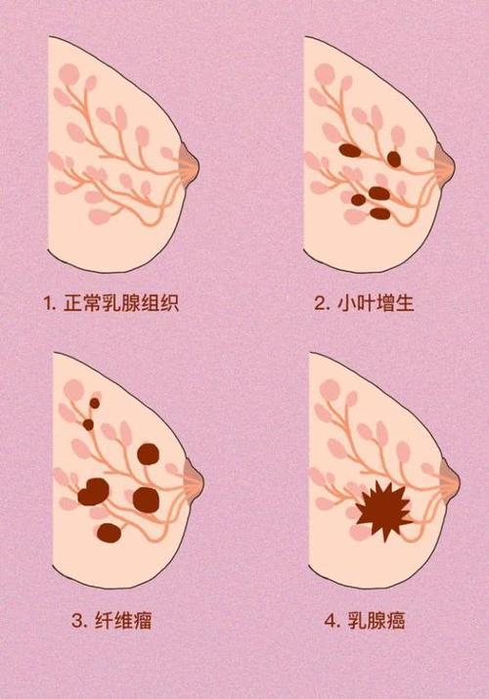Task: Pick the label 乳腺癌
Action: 378,620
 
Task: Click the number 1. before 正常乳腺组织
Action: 49,303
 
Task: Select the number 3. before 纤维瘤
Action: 78,620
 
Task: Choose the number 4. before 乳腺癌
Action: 333,620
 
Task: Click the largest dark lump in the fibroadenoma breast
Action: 93,492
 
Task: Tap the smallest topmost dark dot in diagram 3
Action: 95,402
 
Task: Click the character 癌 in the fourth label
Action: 395,620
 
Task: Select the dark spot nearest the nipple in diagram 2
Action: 393,158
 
